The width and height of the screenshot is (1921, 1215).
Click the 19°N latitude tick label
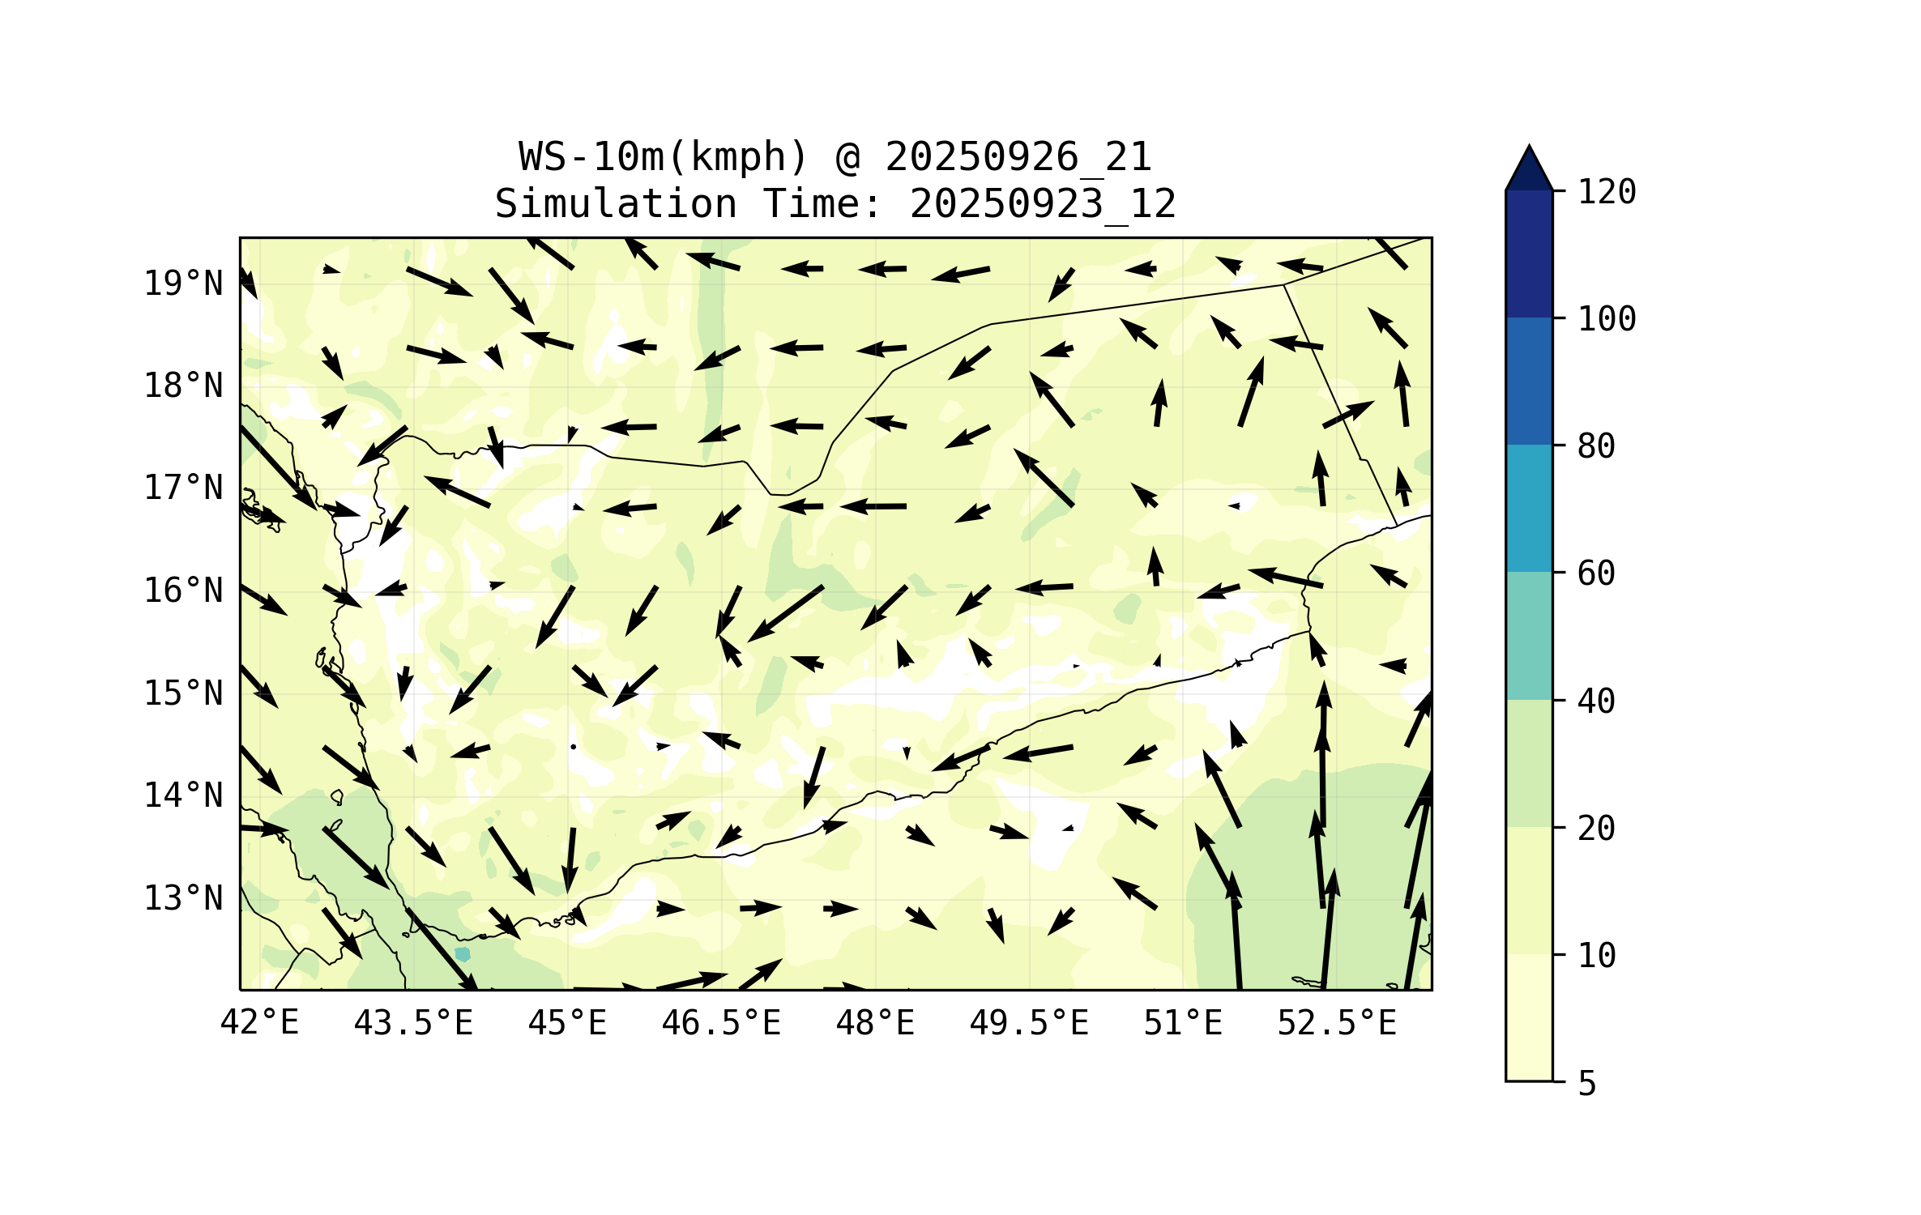point(183,284)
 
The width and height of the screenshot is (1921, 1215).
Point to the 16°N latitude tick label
point(183,591)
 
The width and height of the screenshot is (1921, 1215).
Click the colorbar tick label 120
point(1607,193)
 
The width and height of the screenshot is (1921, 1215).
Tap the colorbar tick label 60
point(1596,574)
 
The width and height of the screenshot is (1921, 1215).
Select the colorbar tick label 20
point(1596,829)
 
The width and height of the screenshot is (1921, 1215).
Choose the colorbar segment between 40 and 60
point(1529,636)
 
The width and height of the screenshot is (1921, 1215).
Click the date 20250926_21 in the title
point(1018,157)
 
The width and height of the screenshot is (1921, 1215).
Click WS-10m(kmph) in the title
point(664,157)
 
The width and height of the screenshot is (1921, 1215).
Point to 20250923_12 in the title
point(1043,204)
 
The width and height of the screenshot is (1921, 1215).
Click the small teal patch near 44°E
point(462,954)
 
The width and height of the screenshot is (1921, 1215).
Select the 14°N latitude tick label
point(183,796)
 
